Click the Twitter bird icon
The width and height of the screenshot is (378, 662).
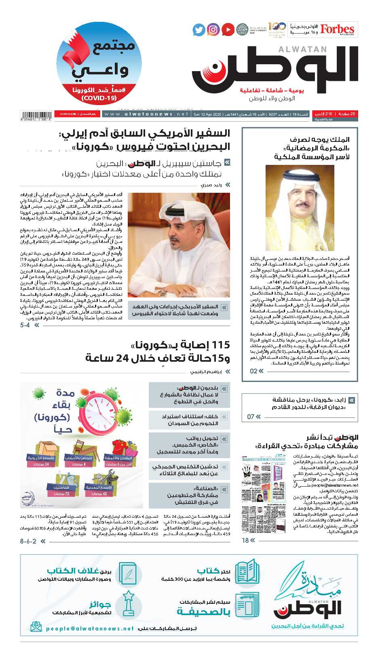(199, 30)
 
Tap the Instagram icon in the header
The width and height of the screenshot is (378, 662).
(213, 30)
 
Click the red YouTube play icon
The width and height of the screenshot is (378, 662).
(228, 30)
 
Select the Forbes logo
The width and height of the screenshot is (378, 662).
(337, 30)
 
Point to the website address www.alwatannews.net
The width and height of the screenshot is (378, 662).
(146, 114)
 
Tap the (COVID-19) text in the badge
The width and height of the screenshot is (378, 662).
(99, 98)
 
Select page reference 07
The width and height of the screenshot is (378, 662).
(251, 416)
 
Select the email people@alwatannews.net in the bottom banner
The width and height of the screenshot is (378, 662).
(90, 628)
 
